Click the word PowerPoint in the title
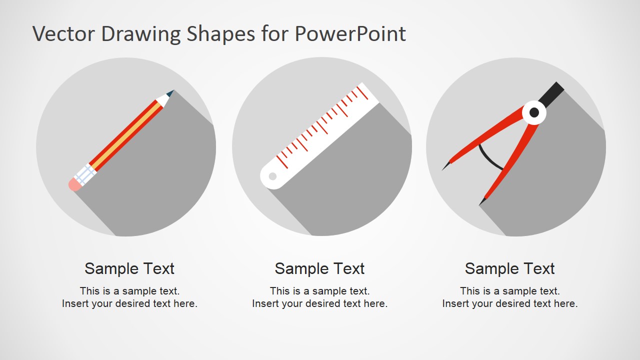tap(349, 34)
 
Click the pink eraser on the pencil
tap(74, 185)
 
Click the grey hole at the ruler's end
tap(272, 176)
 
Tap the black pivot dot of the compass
tap(534, 112)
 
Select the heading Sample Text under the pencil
tap(129, 268)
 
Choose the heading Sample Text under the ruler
tap(319, 268)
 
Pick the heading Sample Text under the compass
tap(509, 268)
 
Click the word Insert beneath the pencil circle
tap(75, 303)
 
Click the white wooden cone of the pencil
tap(162, 99)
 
